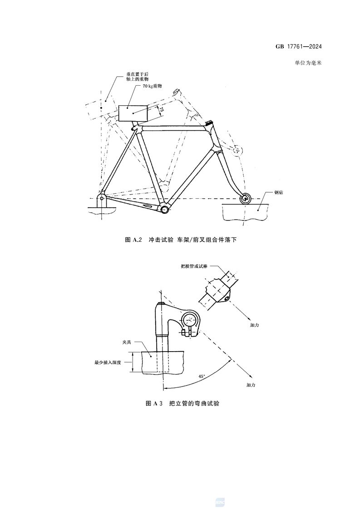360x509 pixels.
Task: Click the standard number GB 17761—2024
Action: pyautogui.click(x=299, y=46)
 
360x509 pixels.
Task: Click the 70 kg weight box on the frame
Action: pyautogui.click(x=133, y=113)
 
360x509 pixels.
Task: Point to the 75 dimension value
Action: pyautogui.click(x=162, y=110)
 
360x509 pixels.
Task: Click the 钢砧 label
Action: pyautogui.click(x=278, y=192)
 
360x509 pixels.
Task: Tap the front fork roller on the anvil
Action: pyautogui.click(x=245, y=198)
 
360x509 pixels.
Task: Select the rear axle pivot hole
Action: pyautogui.click(x=102, y=198)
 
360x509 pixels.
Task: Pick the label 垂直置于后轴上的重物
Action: pyautogui.click(x=138, y=77)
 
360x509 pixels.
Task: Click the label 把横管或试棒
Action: pyautogui.click(x=194, y=266)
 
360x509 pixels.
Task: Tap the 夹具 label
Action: pyautogui.click(x=127, y=342)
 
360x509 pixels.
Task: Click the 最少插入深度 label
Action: pyautogui.click(x=108, y=362)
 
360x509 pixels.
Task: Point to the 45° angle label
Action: pyautogui.click(x=202, y=376)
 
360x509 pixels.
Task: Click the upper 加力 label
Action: pyautogui.click(x=254, y=325)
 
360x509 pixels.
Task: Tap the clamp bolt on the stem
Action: pyautogui.click(x=184, y=333)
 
